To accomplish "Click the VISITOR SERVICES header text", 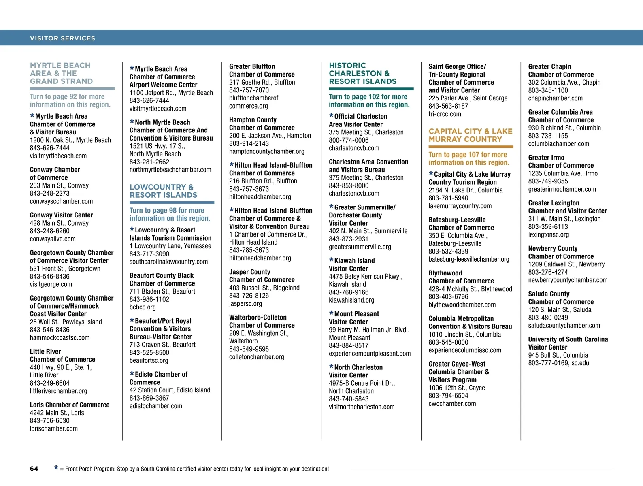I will [62, 38].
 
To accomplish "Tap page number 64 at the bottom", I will [34, 469].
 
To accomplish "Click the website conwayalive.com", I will [53, 239].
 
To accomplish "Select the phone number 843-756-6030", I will [49, 421].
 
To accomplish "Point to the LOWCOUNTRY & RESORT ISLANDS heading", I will [163, 191].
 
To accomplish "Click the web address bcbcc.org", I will [143, 307].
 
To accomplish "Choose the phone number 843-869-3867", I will [149, 398].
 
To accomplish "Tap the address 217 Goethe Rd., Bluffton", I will [262, 82].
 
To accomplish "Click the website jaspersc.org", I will [245, 304].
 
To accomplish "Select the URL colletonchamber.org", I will [257, 357].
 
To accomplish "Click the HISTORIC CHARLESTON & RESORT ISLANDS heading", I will [362, 73].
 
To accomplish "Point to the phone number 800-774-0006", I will [349, 140].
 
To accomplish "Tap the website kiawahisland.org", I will [351, 301].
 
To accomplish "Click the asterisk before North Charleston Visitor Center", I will [331, 367].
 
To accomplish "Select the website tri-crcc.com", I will [445, 114].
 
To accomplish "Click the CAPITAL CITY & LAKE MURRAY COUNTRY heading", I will [471, 135].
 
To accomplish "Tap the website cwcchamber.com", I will [452, 404].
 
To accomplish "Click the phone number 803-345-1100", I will [548, 90].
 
